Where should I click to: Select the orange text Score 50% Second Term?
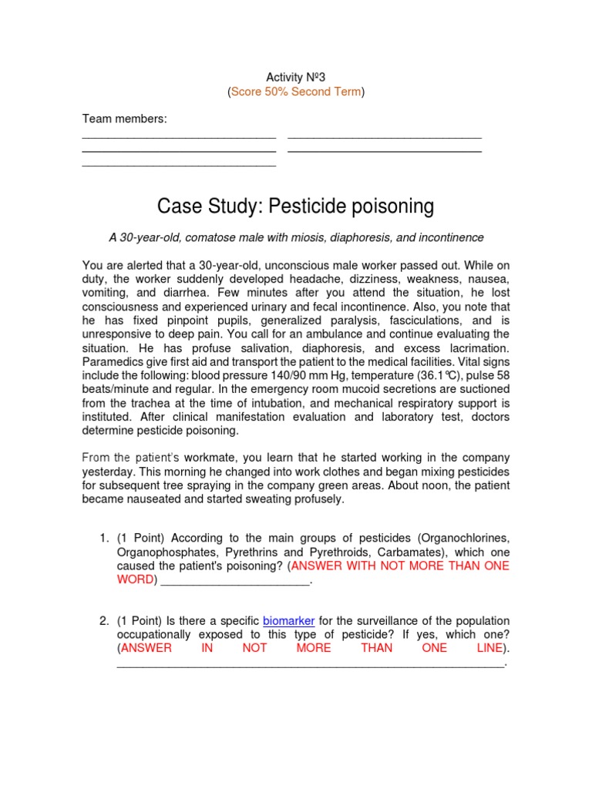(295, 92)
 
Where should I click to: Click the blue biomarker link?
(290, 620)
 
